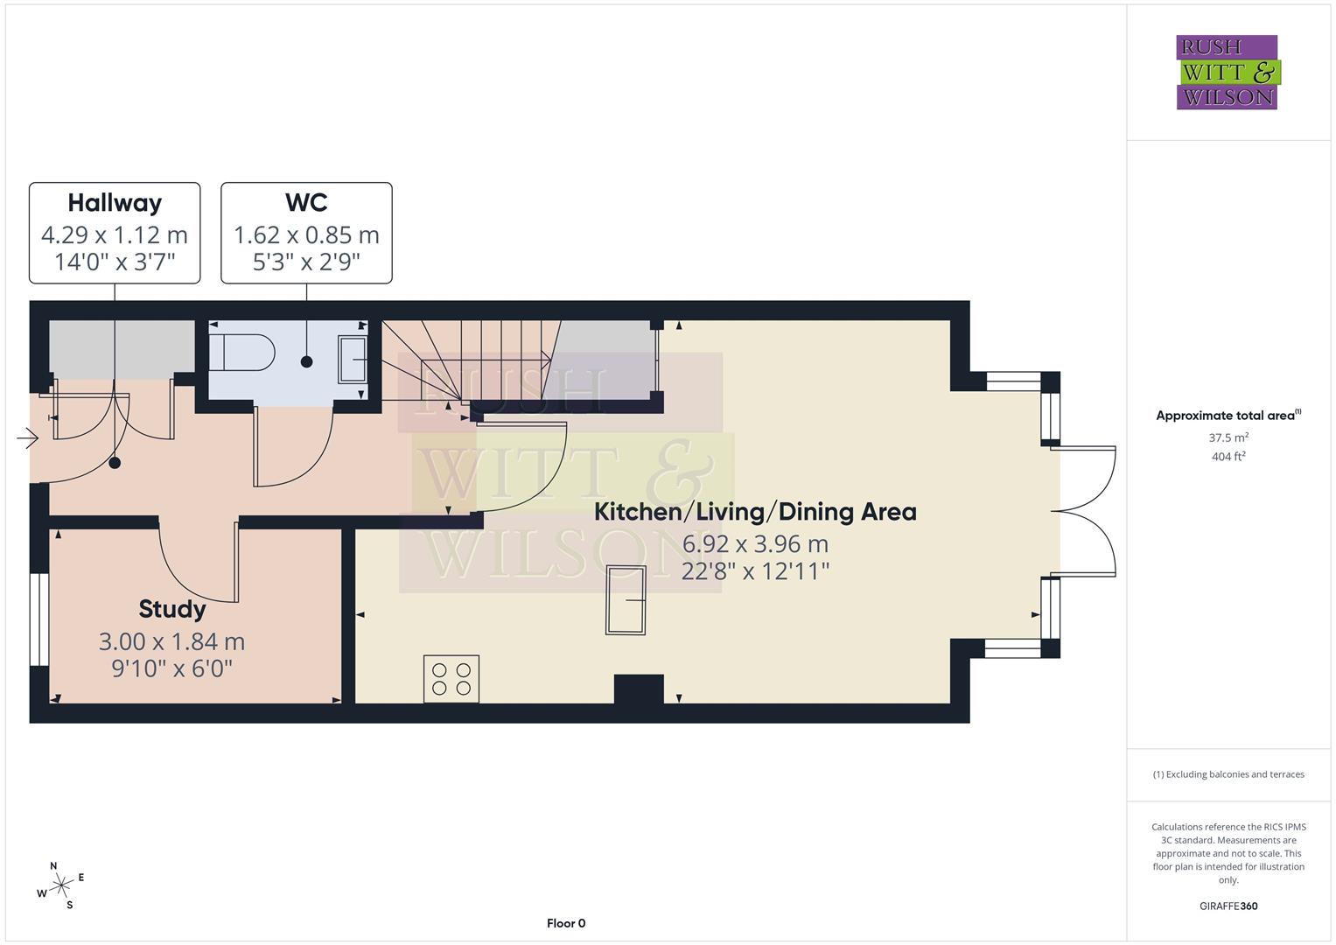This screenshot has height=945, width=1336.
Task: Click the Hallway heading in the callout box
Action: [x=115, y=203]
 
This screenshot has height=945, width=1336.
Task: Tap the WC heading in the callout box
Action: [x=306, y=203]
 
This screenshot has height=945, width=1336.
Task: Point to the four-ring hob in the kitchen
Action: [x=451, y=679]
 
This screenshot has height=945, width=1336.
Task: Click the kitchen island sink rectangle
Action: [x=626, y=600]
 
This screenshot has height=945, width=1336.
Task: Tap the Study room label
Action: [x=172, y=609]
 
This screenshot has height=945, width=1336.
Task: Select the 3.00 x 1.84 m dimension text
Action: [x=171, y=641]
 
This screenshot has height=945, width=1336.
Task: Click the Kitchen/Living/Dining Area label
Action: [x=755, y=512]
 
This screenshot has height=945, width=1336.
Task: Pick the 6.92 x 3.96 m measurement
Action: [x=755, y=544]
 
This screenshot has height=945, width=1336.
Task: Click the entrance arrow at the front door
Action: [x=27, y=438]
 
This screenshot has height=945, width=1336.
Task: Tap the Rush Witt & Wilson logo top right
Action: [x=1227, y=73]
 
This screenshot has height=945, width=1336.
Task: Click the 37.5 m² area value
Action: [x=1228, y=437]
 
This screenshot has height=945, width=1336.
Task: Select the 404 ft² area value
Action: [x=1228, y=457]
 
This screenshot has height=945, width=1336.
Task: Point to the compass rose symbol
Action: [x=60, y=885]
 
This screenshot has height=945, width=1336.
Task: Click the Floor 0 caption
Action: [x=566, y=923]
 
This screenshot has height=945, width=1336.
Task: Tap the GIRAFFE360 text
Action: [x=1228, y=906]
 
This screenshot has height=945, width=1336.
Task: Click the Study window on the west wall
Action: [x=38, y=619]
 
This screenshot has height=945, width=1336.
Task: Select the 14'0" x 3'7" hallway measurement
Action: [x=115, y=262]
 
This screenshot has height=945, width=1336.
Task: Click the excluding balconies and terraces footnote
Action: [x=1228, y=774]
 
